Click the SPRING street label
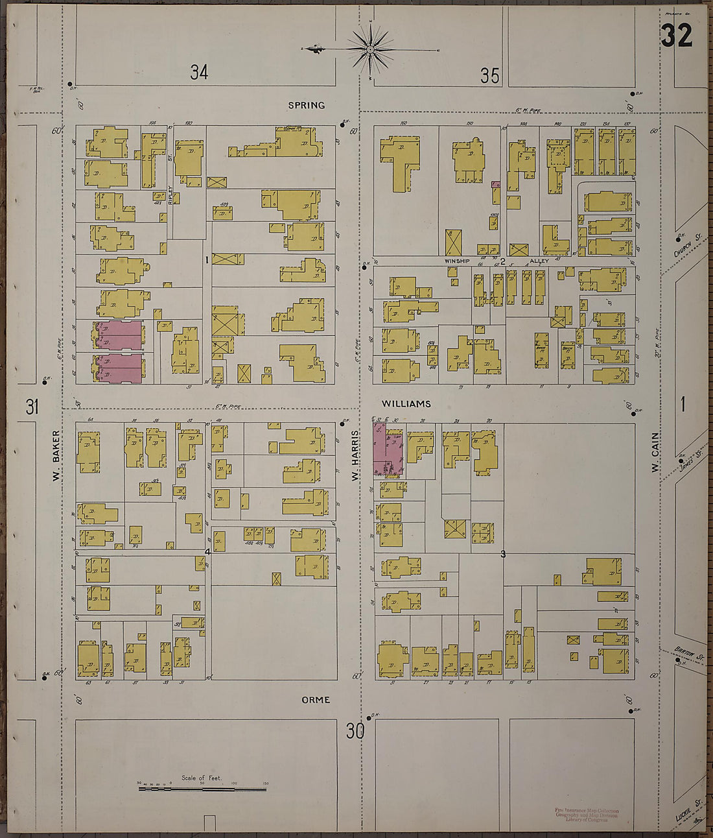[307, 105]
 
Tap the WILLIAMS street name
[406, 404]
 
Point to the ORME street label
[316, 700]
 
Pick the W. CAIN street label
[655, 452]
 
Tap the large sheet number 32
[676, 36]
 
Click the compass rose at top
[370, 49]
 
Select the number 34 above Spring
[199, 73]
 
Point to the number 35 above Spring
[490, 77]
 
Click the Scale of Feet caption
[202, 778]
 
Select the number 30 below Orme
[355, 732]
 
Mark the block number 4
[207, 552]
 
